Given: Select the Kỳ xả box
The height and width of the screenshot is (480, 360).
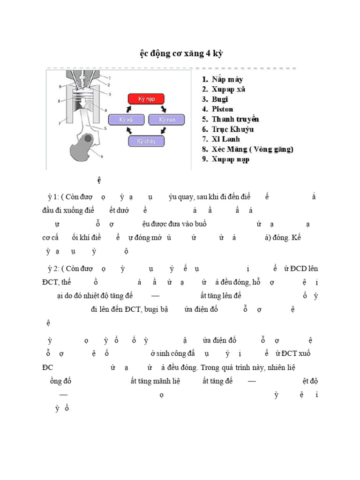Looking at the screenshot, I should point(126,120).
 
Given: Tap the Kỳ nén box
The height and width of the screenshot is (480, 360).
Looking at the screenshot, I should point(163,120).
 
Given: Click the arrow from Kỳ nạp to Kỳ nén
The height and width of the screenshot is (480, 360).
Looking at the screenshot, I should point(163,109).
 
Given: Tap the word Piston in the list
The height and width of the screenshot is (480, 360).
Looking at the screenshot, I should point(222,109).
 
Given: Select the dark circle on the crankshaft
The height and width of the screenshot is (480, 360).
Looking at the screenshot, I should point(86,140).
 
